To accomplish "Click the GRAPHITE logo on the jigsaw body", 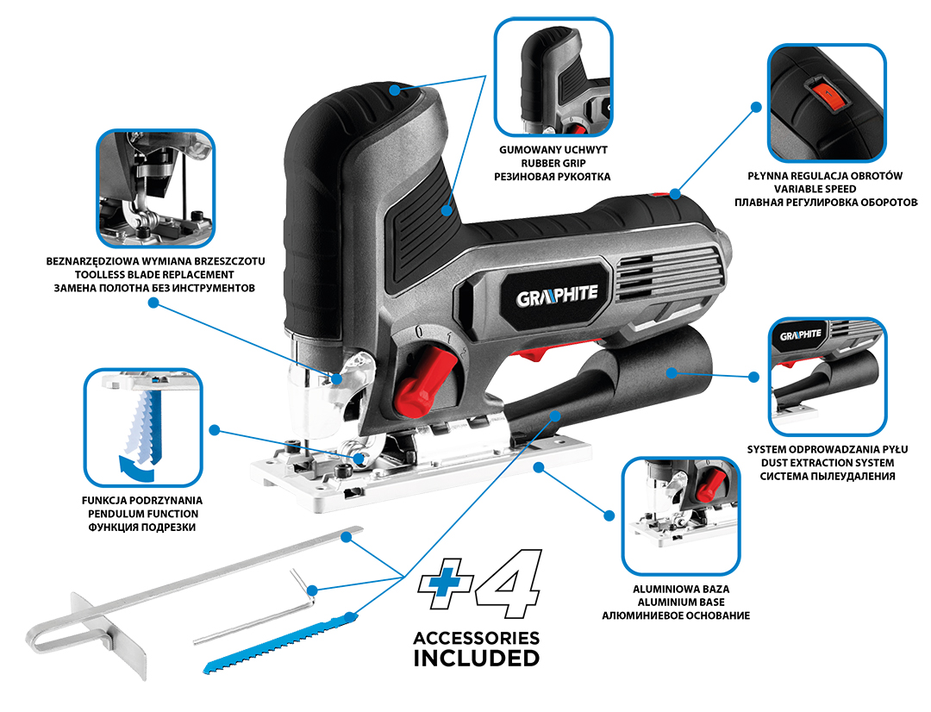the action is point(556,296).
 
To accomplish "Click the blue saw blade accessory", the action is point(280,643).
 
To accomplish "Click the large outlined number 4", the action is point(509,584).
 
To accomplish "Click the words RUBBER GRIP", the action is point(553,163).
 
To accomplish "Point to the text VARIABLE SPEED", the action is point(815,190).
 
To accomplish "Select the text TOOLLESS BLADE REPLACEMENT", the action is point(154,275).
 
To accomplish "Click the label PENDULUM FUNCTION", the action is point(143,515).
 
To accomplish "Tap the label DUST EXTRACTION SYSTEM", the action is point(828,463).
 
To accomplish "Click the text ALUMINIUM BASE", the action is point(681,603).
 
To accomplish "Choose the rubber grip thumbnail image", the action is point(553,78).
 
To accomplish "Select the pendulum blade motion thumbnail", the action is point(143,428).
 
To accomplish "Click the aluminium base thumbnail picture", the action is point(681,516).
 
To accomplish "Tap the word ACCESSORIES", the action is point(477,639).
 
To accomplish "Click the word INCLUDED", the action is point(477,659).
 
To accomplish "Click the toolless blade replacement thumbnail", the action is point(155,189).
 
